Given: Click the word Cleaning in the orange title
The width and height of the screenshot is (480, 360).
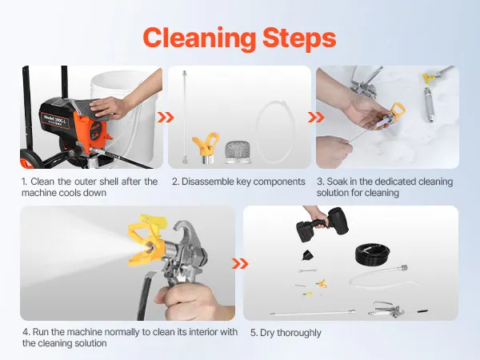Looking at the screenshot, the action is pyautogui.click(x=199, y=38).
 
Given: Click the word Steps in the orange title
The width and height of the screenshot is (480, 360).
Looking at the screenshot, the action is pyautogui.click(x=299, y=38).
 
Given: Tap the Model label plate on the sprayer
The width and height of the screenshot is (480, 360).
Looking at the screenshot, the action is pyautogui.click(x=54, y=120).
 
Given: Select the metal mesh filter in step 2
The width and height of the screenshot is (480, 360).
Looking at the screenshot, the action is pyautogui.click(x=238, y=152).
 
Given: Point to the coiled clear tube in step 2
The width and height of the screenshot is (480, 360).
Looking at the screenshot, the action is pyautogui.click(x=275, y=132).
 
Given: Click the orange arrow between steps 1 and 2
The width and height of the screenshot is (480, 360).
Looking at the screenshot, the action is pyautogui.click(x=166, y=118).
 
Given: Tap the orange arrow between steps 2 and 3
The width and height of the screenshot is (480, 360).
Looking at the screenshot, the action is pyautogui.click(x=316, y=118).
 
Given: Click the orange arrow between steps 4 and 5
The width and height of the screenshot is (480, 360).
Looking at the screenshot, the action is pyautogui.click(x=240, y=263).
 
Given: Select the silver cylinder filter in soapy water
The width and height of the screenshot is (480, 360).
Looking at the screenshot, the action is pyautogui.click(x=428, y=105).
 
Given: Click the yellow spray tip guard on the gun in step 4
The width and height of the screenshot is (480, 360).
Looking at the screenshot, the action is pyautogui.click(x=146, y=240).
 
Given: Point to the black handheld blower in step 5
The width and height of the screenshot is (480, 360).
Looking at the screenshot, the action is pyautogui.click(x=322, y=224).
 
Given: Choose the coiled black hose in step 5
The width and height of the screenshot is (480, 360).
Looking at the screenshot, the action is pyautogui.click(x=372, y=254).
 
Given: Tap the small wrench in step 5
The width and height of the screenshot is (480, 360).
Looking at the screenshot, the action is pyautogui.click(x=307, y=270).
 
